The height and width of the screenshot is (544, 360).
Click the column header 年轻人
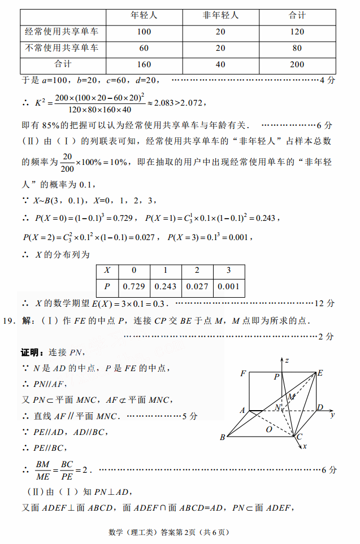pos(144,15)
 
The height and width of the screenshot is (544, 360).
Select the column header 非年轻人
pos(220,15)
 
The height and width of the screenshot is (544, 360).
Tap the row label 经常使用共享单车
pos(62,32)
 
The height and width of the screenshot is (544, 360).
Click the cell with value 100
pos(144,32)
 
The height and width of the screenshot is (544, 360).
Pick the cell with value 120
pos(297,32)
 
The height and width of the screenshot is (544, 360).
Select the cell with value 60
pos(144,48)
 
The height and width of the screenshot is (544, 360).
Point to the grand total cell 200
pos(297,64)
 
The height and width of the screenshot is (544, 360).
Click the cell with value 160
pos(144,64)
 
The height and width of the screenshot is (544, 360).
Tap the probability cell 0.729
pos(135,286)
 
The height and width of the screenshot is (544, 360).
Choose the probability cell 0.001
pos(229,286)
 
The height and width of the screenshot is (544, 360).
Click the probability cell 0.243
pos(166,286)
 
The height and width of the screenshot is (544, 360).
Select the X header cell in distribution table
pos(107,271)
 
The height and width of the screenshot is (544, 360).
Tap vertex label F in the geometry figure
pos(243,373)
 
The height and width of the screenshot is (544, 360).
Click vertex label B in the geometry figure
pos(223,437)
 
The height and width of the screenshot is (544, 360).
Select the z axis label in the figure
pos(288,360)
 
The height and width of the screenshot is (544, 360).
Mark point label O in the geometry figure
pos(269,429)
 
